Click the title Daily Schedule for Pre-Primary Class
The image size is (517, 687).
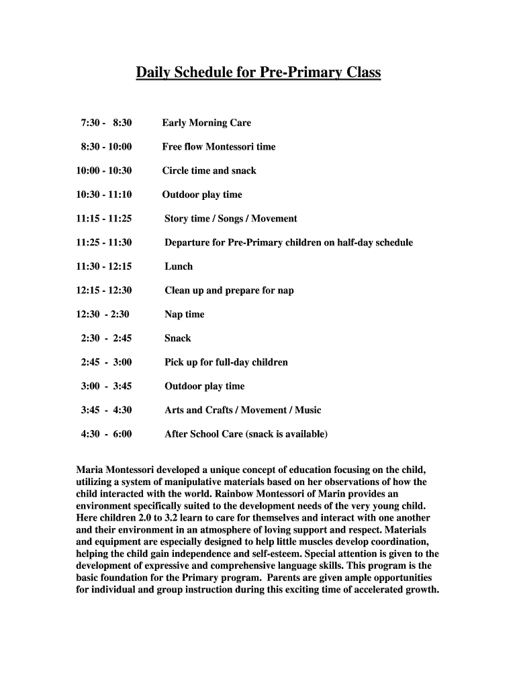[258, 72]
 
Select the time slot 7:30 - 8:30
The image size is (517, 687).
[106, 123]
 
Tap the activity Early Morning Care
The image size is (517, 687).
[206, 123]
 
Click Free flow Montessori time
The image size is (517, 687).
[218, 147]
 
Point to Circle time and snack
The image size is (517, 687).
[209, 170]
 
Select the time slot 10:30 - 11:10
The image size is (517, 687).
[104, 195]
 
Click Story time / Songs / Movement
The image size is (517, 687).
[230, 219]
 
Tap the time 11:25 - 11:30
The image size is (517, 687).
[104, 242]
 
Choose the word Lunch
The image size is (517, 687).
[179, 266]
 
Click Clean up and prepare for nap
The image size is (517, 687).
[229, 290]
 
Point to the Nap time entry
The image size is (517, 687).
[185, 314]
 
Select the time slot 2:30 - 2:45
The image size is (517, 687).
[106, 338]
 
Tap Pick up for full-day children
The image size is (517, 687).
[226, 362]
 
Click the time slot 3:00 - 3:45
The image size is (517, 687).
[106, 386]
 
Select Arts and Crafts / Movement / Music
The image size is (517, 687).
[243, 410]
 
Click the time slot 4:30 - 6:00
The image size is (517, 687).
[106, 434]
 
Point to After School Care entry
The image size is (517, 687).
[246, 434]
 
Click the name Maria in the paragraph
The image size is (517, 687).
[90, 470]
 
